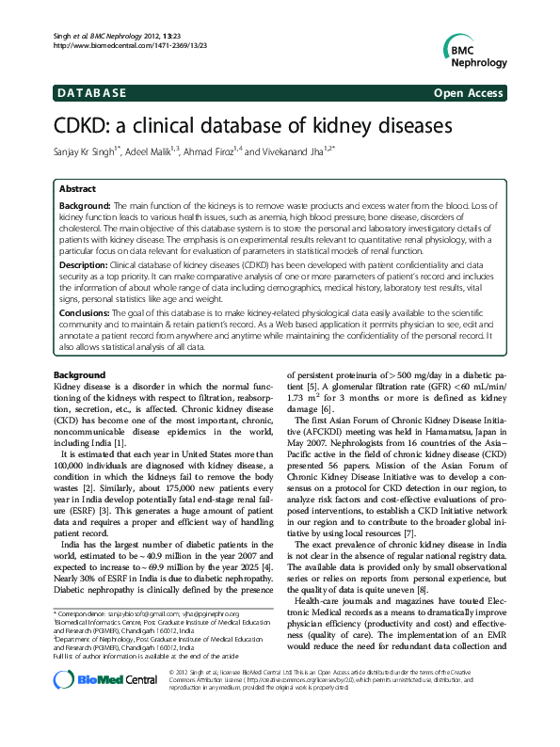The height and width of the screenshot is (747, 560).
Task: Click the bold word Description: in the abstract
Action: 85,265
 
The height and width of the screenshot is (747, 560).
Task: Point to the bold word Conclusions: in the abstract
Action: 87,314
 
